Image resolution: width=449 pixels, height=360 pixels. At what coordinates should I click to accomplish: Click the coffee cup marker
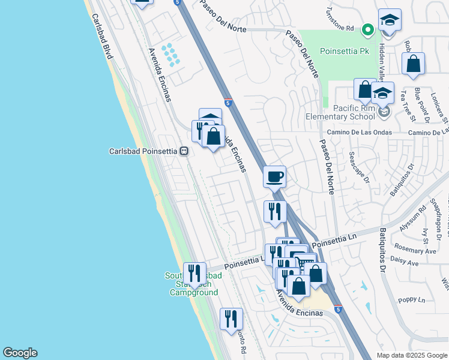click(x=274, y=177)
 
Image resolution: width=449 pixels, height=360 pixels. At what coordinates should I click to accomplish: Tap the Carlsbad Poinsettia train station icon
click(x=185, y=151)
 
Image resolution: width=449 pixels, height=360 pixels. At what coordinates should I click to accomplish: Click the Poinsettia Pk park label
click(x=344, y=52)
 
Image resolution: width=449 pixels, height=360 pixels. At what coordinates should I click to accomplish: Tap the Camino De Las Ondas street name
click(x=359, y=132)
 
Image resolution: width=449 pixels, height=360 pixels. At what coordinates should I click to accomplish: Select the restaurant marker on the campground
click(x=194, y=273)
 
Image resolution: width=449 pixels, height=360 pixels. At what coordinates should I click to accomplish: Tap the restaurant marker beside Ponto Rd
click(x=231, y=319)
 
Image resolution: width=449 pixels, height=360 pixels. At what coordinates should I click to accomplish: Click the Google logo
click(x=20, y=353)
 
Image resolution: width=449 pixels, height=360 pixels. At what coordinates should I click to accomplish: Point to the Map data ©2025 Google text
click(x=411, y=355)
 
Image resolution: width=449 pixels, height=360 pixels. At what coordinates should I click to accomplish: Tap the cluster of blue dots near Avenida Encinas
click(x=170, y=55)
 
